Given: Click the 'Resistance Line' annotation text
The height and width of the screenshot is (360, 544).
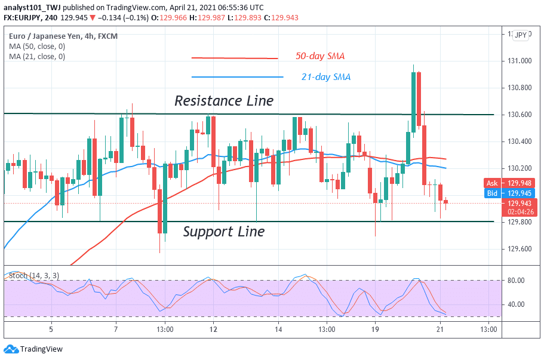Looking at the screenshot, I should pyautogui.click(x=224, y=101).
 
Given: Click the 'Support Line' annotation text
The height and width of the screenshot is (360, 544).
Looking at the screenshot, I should pyautogui.click(x=223, y=232).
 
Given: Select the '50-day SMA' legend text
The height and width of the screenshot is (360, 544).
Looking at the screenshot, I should pyautogui.click(x=320, y=57).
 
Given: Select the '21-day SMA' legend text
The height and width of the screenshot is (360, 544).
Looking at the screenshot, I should pyautogui.click(x=325, y=77).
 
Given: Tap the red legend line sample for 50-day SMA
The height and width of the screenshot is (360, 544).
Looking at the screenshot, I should pyautogui.click(x=235, y=58).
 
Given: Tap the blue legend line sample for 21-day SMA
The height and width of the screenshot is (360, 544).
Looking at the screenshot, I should pyautogui.click(x=237, y=77).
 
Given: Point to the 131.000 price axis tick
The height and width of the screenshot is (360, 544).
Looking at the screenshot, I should pyautogui.click(x=520, y=61).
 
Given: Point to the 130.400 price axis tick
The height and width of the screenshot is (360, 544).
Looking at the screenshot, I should pyautogui.click(x=520, y=141).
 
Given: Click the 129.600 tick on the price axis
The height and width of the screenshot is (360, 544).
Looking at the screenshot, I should pyautogui.click(x=520, y=249).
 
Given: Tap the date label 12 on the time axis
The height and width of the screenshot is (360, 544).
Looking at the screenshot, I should pyautogui.click(x=213, y=329).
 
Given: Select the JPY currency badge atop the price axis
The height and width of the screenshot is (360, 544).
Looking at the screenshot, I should pyautogui.click(x=521, y=35).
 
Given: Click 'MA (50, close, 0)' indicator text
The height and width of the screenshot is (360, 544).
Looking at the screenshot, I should pyautogui.click(x=37, y=47).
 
